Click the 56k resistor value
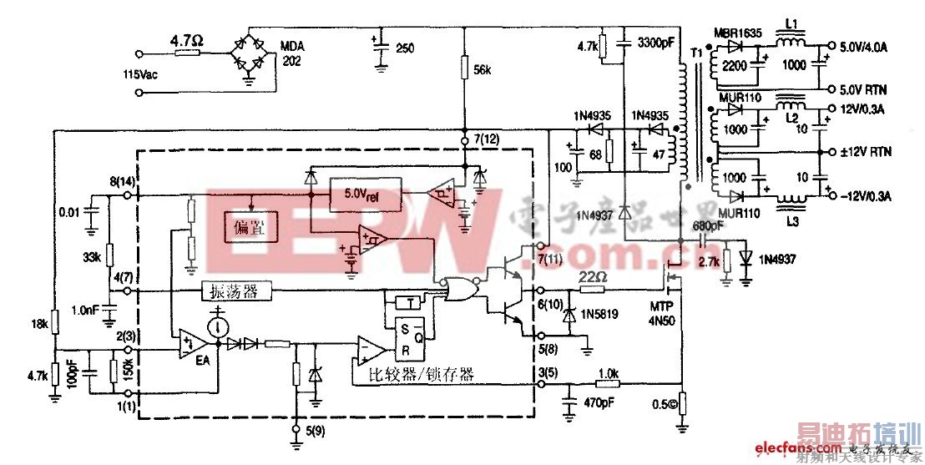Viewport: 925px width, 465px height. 483,70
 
